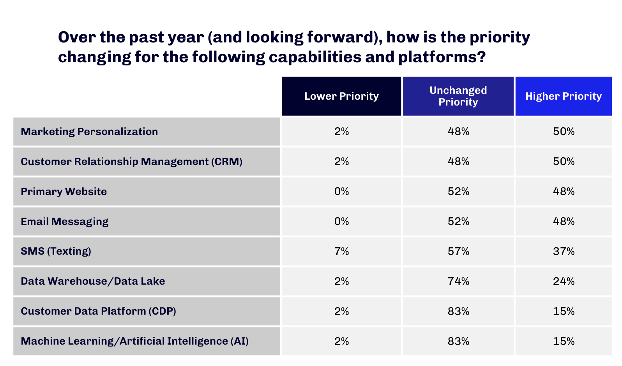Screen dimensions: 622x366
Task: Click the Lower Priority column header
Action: tap(341, 96)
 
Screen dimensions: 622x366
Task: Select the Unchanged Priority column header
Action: tap(458, 96)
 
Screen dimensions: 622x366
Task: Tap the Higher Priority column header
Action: tap(564, 96)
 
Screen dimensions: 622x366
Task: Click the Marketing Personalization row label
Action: tap(89, 132)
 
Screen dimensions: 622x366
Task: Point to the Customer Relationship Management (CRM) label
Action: tap(132, 162)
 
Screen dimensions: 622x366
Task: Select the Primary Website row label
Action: tap(64, 192)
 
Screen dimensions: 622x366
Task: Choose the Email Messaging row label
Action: tap(64, 222)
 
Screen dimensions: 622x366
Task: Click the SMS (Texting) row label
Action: tap(56, 251)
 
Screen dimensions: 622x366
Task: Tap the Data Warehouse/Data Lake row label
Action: tap(93, 281)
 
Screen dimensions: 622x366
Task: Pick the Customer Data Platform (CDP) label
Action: tap(98, 311)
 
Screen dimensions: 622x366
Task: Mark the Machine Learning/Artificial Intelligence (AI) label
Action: tap(135, 341)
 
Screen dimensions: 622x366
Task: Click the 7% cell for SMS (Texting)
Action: tap(341, 252)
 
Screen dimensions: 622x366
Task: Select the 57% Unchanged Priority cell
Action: tap(458, 252)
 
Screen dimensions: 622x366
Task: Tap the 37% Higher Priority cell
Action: tap(564, 252)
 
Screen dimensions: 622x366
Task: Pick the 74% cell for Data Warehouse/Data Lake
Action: tap(458, 282)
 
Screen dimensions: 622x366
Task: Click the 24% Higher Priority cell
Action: tap(564, 282)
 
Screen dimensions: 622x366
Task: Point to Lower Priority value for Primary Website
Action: tap(341, 192)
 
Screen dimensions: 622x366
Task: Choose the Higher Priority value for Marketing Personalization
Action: tap(564, 132)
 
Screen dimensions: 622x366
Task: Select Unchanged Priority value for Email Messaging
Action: tap(458, 222)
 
